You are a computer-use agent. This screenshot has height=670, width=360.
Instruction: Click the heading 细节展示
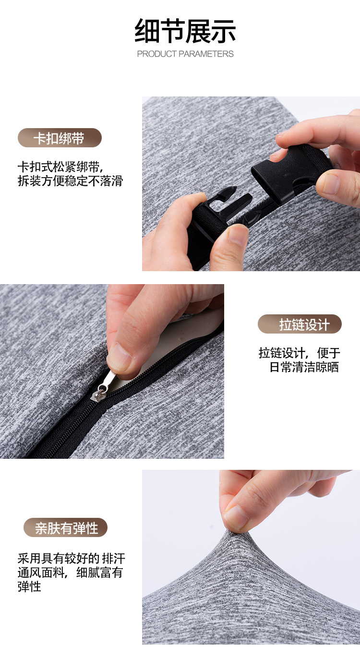pos(185,31)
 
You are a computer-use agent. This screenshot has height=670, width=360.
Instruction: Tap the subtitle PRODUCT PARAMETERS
pos(185,54)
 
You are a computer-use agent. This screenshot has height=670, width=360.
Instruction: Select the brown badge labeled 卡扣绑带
pos(60,138)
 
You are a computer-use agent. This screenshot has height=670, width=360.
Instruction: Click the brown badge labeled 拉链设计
pos(300,324)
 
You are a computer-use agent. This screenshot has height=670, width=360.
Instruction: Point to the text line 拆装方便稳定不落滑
pos(71,181)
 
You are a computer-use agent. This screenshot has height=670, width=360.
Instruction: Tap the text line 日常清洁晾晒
pos(304,367)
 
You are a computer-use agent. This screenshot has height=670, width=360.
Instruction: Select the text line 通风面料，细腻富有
pos(71,573)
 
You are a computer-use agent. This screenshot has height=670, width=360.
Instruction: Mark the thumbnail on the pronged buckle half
pos(237,235)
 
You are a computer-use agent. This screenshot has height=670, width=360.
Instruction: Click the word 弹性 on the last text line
pos(29,586)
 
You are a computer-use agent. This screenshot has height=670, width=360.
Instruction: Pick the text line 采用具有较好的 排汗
pos(71,558)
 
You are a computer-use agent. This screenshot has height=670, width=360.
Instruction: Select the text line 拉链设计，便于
pos(299,353)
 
